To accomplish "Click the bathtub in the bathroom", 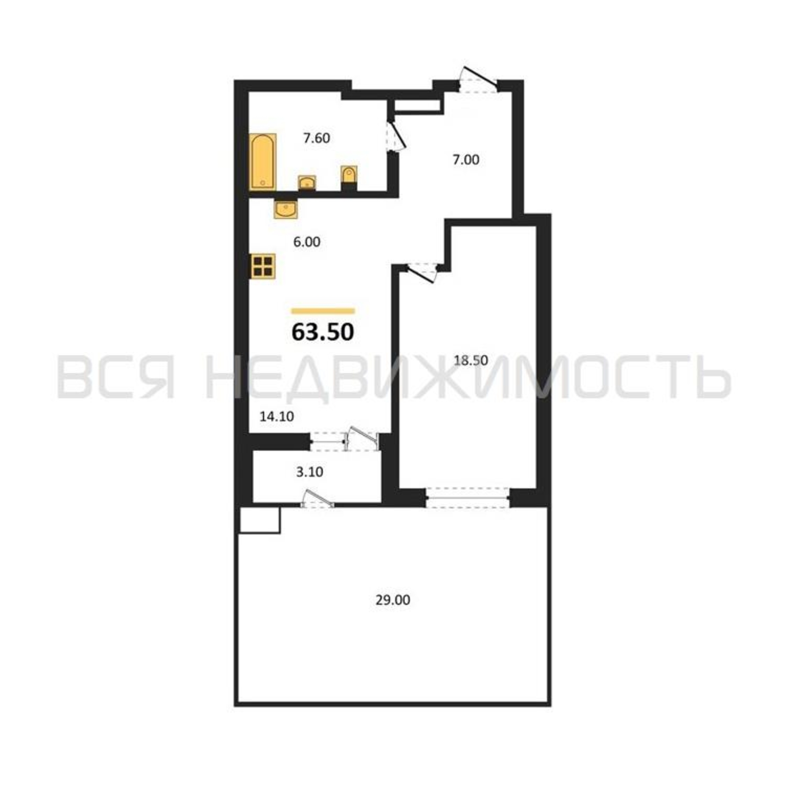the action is click(263, 162).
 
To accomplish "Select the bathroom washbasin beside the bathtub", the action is click(307, 183).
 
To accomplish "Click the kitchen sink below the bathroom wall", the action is click(285, 209).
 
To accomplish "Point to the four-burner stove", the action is click(263, 266).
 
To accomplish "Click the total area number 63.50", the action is click(323, 332).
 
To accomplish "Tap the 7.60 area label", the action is click(316, 138).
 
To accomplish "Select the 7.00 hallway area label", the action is click(466, 160).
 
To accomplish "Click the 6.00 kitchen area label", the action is click(307, 242).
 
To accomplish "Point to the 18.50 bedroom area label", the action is click(471, 360).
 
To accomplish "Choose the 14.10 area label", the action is click(277, 416).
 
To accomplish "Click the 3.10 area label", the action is click(310, 472).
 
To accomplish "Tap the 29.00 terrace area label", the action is click(393, 600).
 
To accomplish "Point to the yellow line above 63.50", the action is click(323, 311).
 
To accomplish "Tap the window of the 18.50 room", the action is click(467, 498).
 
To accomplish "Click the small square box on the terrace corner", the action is click(259, 520).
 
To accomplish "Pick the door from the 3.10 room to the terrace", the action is click(318, 499).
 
